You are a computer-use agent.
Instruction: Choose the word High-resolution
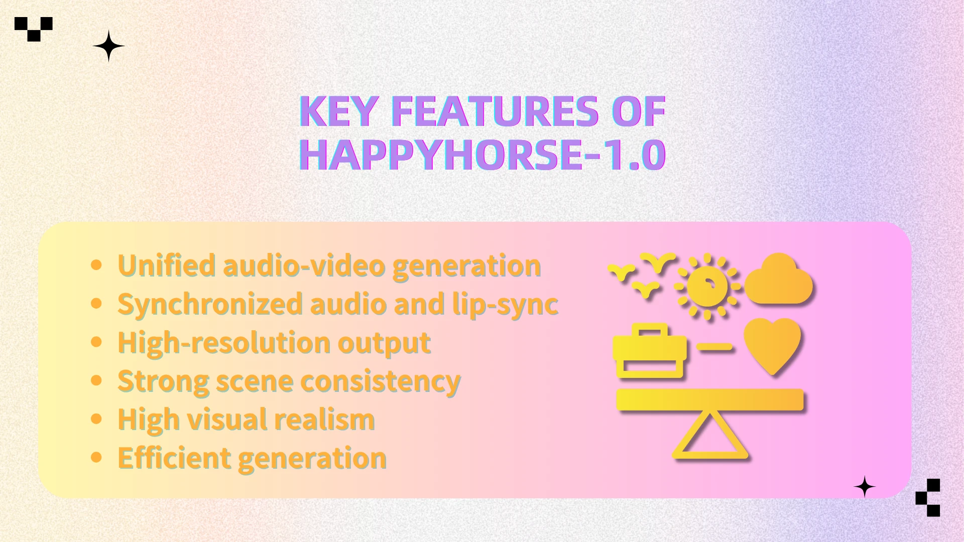click(223, 343)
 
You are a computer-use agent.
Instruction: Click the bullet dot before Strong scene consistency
click(96, 380)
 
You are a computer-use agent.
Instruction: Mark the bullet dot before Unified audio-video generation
click(96, 264)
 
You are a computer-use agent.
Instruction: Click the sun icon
click(707, 286)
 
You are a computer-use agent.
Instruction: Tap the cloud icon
click(779, 281)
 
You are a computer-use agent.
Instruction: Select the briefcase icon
click(650, 351)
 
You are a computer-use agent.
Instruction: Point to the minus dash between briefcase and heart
click(715, 346)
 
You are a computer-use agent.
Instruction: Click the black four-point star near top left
click(108, 46)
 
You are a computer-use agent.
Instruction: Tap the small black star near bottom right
click(864, 487)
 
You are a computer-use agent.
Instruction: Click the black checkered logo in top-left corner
click(34, 29)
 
